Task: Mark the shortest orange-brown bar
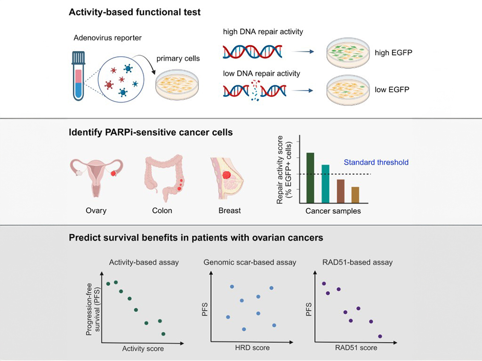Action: tap(355, 194)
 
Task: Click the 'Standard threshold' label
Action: tap(376, 162)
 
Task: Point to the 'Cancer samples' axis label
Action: tap(333, 211)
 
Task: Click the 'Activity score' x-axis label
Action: tap(143, 348)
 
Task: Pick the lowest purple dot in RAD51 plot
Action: tap(380, 336)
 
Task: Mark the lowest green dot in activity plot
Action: tap(163, 334)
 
